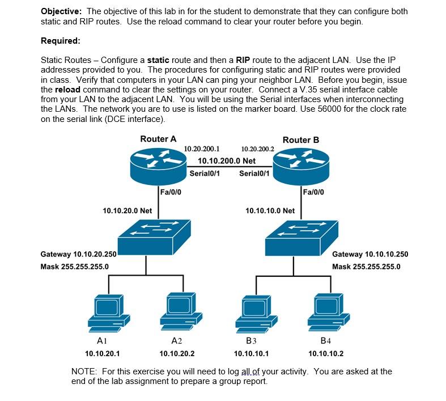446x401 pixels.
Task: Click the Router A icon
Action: point(158,164)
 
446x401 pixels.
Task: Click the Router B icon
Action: point(300,164)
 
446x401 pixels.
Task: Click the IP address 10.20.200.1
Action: point(202,149)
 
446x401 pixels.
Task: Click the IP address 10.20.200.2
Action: point(257,149)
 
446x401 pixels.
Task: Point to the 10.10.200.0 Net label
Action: point(226,161)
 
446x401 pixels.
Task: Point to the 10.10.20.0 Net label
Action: point(128,210)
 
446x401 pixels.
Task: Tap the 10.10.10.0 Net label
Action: point(270,210)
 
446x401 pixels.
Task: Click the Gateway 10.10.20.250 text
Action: point(79,255)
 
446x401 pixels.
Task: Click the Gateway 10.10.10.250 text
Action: point(369,255)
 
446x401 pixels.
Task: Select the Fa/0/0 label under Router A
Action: point(171,192)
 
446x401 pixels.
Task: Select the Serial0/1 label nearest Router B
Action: point(254,174)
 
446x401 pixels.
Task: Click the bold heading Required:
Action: point(61,41)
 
